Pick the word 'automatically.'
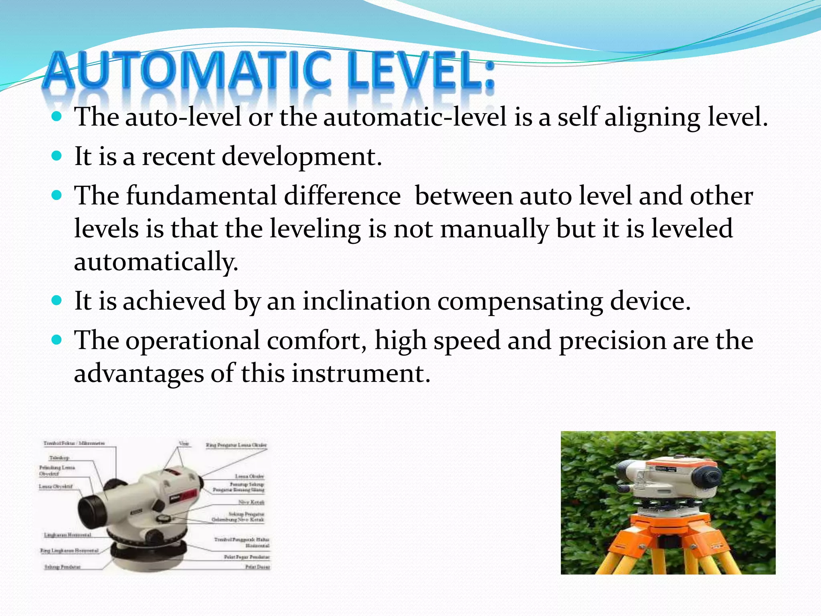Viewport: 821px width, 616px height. click(156, 262)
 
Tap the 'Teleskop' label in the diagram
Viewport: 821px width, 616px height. click(59, 458)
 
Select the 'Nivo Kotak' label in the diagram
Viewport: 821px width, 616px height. click(251, 502)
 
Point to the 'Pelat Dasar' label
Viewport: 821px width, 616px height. click(257, 567)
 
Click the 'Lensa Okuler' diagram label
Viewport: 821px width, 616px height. click(249, 476)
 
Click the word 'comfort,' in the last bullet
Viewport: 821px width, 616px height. click(317, 341)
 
